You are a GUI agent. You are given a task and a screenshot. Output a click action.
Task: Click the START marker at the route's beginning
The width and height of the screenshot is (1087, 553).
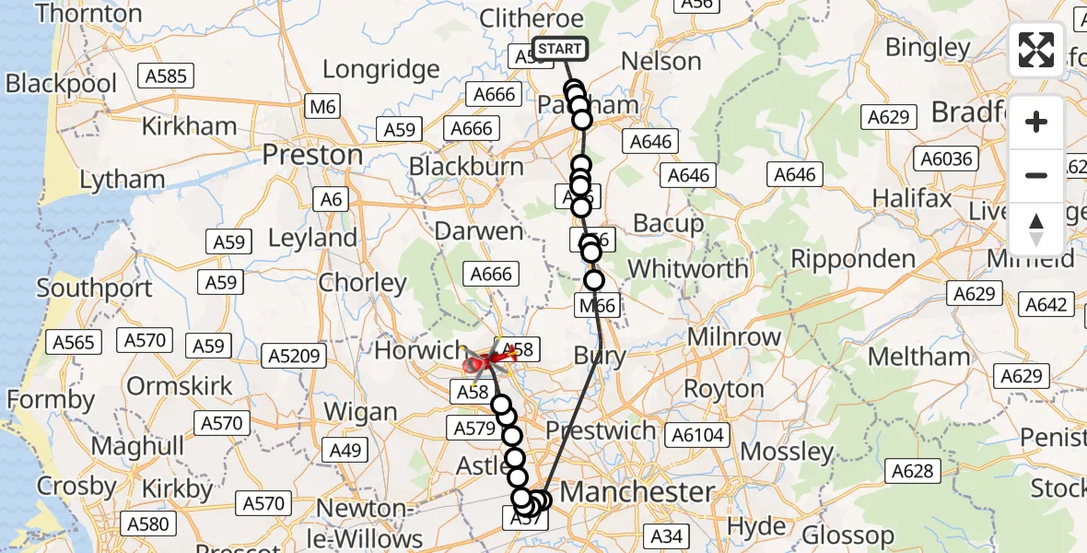tap(559, 49)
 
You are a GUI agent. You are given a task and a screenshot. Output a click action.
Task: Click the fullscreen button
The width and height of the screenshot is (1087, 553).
tap(1036, 50)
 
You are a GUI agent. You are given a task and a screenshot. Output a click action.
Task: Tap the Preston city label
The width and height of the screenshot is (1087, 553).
tap(312, 155)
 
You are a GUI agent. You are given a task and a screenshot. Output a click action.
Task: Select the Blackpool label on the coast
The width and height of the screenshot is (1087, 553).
tap(61, 84)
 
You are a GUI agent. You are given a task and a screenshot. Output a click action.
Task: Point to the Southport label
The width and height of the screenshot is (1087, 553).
tap(95, 288)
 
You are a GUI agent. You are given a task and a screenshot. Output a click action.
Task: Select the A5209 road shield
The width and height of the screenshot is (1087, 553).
tap(290, 355)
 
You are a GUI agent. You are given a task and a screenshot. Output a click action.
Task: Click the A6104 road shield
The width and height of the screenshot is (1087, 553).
tap(698, 435)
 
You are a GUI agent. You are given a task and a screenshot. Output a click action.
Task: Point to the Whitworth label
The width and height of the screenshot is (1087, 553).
tap(687, 269)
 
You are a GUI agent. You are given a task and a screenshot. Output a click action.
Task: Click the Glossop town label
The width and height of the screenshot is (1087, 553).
tap(847, 535)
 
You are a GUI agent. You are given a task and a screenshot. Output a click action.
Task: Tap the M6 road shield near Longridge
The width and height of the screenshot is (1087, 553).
tap(322, 107)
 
